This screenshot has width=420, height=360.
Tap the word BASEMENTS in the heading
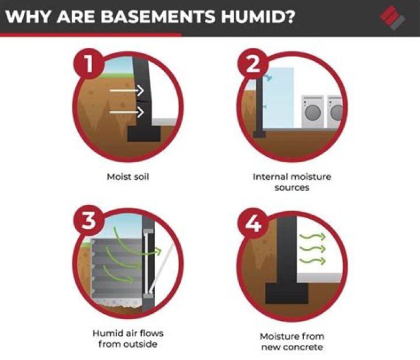(157, 16)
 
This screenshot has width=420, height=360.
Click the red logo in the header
(393, 18)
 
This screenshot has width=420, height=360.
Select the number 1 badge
(89, 64)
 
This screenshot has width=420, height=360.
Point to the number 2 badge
(253, 64)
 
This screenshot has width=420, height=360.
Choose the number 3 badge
(89, 220)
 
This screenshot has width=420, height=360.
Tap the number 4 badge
(253, 223)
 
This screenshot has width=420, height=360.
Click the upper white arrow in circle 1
(127, 90)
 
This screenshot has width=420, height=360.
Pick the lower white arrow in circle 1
(127, 112)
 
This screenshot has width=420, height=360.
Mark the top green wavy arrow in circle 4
(313, 237)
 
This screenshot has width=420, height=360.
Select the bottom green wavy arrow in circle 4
(313, 260)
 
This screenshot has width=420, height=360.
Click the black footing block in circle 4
(287, 293)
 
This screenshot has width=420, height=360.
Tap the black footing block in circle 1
(144, 134)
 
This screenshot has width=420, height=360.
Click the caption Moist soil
(128, 177)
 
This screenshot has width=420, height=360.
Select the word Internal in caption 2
(271, 177)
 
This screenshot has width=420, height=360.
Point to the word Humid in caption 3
(106, 333)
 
